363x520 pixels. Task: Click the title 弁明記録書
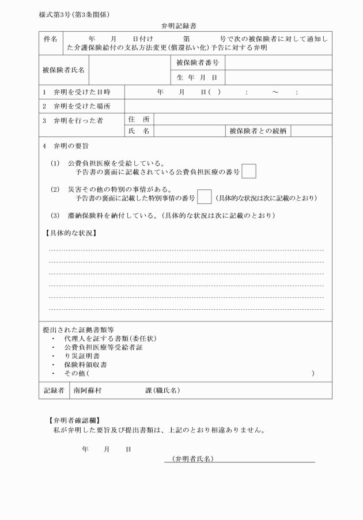point(181,26)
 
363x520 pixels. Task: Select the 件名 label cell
point(50,39)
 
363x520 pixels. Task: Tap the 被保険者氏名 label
point(63,70)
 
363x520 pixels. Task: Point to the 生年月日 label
point(196,77)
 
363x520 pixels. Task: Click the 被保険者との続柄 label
point(258,131)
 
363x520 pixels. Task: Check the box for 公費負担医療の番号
point(249,172)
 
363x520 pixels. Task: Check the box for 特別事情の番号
point(204,198)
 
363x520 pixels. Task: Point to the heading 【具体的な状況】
point(70,233)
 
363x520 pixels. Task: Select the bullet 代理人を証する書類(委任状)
point(110,339)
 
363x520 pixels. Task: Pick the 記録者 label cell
point(54,390)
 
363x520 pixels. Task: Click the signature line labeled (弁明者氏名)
point(240,459)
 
